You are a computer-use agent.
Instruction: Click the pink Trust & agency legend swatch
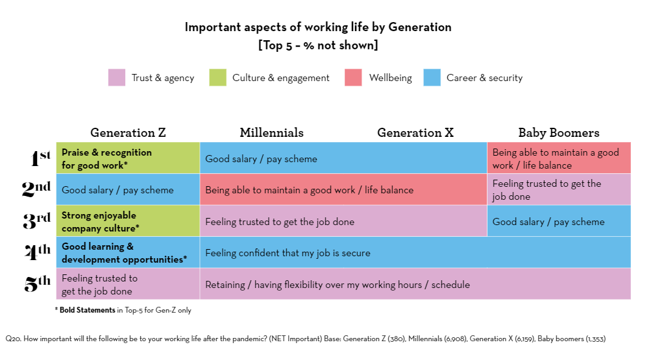coord(116,78)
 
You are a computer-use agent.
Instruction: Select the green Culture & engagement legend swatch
coord(217,78)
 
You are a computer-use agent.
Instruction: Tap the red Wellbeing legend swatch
coord(354,78)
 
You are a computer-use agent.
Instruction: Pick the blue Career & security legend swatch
coord(432,78)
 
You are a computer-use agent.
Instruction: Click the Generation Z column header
coord(128,132)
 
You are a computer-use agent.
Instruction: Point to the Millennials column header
coord(271,132)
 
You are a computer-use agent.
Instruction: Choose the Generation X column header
coord(415,132)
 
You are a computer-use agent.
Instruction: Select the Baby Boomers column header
coord(558,132)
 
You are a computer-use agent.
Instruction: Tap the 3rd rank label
coord(36,221)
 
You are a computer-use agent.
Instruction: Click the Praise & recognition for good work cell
coord(128,158)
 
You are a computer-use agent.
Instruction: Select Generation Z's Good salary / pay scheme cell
coord(128,190)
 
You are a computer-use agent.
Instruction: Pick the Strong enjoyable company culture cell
coord(128,221)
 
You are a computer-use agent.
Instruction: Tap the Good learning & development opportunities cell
coord(128,252)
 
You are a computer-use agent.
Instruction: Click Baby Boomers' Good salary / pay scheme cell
coord(558,221)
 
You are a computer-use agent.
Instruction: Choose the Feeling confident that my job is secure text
coord(288,253)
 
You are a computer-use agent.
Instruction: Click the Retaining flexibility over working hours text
coord(338,284)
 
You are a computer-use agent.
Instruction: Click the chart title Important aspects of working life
coord(318,27)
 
